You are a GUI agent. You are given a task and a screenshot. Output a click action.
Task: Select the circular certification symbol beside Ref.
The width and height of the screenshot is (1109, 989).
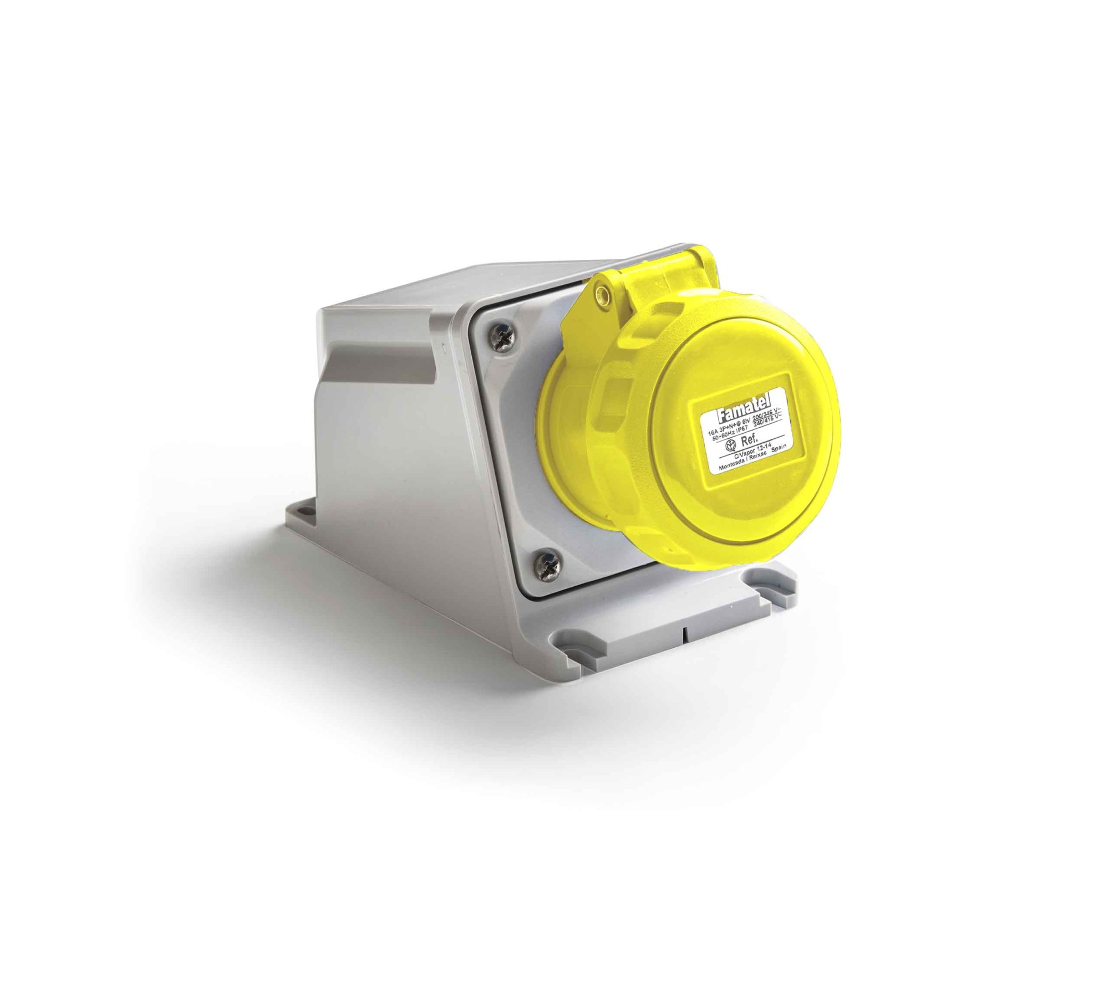coord(731,445)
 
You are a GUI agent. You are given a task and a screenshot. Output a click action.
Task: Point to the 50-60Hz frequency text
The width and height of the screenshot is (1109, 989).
coord(724,437)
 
